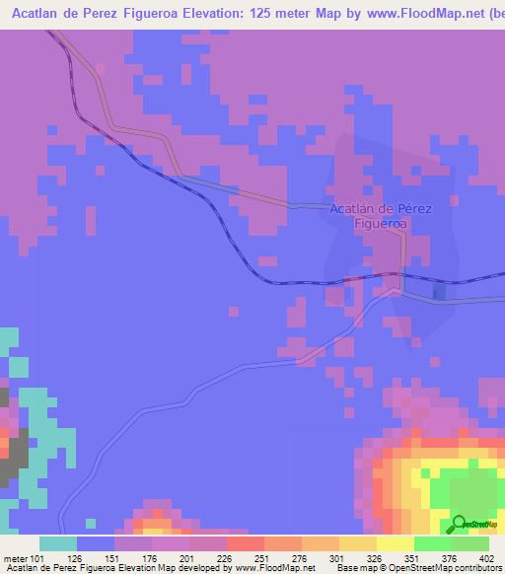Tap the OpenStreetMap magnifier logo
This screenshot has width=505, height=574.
click(x=459, y=524)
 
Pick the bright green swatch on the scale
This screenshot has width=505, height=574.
click(x=432, y=543)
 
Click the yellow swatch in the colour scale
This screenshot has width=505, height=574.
click(x=395, y=543)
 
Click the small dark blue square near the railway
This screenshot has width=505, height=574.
click(x=439, y=292)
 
